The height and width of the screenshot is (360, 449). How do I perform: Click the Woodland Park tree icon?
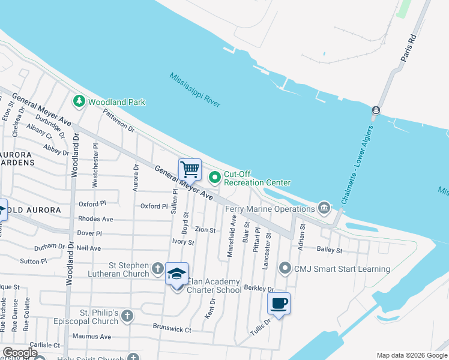pyautogui.click(x=78, y=101)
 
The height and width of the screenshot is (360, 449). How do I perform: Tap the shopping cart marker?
pyautogui.click(x=190, y=170)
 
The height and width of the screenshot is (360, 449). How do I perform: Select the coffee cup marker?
pyautogui.click(x=279, y=304)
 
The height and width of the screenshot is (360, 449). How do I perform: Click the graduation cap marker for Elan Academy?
pyautogui.click(x=176, y=274)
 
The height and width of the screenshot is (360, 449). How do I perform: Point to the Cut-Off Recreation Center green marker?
pyautogui.click(x=214, y=177)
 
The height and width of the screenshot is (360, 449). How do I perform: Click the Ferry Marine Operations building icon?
pyautogui.click(x=324, y=209)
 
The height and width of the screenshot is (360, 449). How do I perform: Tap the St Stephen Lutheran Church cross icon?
pyautogui.click(x=157, y=268)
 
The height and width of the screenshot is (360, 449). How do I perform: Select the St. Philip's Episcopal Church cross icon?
pyautogui.click(x=127, y=316)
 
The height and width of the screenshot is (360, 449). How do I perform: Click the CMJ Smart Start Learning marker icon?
pyautogui.click(x=285, y=268)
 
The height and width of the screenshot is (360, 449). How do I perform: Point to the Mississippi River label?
pyautogui.click(x=194, y=90)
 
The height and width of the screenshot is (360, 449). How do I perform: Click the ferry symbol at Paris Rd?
pyautogui.click(x=376, y=110)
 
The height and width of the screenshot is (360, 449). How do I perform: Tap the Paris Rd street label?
pyautogui.click(x=409, y=46)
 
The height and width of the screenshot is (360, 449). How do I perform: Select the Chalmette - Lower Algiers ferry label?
pyautogui.click(x=358, y=164)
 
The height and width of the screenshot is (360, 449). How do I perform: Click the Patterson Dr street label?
pyautogui.click(x=119, y=120)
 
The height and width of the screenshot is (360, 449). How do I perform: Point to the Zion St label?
pyautogui.click(x=205, y=230)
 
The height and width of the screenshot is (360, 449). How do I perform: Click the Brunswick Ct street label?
pyautogui.click(x=171, y=330)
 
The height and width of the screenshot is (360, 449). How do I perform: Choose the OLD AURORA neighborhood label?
pyautogui.click(x=34, y=210)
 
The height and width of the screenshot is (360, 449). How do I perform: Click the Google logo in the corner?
pyautogui.click(x=19, y=353)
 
